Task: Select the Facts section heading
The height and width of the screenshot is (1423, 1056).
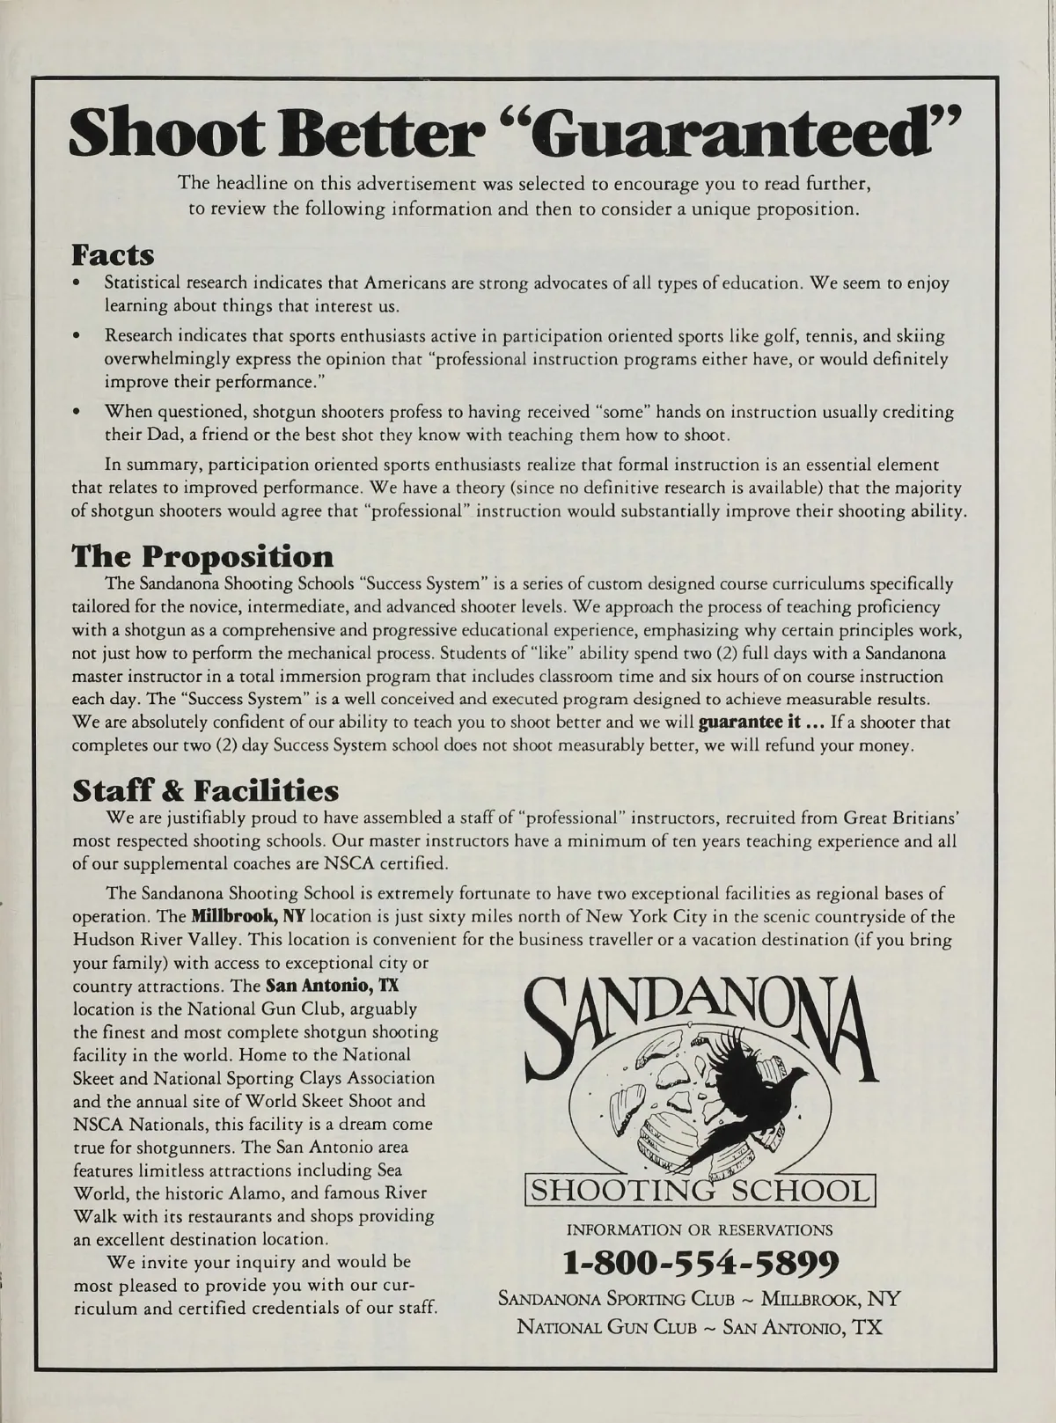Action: pos(113,255)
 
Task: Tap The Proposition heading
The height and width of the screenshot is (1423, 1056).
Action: pos(202,556)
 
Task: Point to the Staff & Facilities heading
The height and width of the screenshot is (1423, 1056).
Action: pos(205,789)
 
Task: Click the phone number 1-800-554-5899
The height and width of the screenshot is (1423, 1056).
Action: pos(700,1263)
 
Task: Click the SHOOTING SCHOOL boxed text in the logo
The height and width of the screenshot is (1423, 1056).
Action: pos(700,1191)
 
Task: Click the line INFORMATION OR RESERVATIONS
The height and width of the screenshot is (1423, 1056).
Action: pos(700,1229)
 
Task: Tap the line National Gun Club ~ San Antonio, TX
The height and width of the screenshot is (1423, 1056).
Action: pos(700,1326)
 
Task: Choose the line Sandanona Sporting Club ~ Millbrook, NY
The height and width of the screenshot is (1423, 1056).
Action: pos(700,1300)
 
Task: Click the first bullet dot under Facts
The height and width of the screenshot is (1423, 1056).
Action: pos(77,284)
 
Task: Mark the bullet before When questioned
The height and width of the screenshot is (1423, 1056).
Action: pos(77,412)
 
